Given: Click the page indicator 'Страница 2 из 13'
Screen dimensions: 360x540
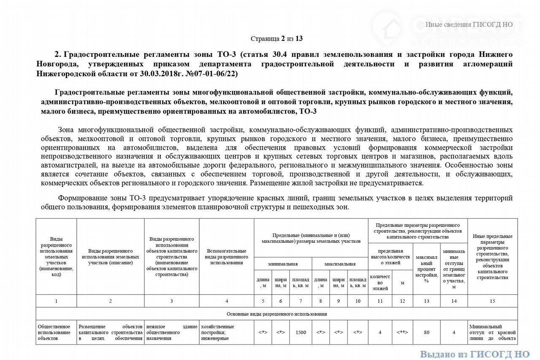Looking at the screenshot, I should (276, 39).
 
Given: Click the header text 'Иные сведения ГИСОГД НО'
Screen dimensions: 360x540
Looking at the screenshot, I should (469, 24).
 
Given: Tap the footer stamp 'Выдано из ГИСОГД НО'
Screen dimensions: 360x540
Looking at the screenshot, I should (475, 354).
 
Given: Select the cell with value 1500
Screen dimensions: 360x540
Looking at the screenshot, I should (300, 332).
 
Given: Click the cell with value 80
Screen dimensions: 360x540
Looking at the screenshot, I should (427, 332).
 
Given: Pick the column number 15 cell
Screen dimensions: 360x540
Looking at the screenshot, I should (492, 301).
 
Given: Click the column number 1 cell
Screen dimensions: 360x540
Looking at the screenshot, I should (56, 301).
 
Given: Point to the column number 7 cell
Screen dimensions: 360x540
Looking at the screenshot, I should (300, 301).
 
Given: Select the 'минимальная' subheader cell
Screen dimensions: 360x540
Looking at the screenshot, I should (283, 264).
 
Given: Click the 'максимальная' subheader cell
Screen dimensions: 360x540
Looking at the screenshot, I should (340, 264).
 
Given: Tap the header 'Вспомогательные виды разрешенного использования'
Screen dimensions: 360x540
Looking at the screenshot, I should (227, 257).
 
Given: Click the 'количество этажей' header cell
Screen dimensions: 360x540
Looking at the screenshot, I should (380, 282).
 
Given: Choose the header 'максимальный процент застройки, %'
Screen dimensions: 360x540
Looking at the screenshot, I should (427, 269).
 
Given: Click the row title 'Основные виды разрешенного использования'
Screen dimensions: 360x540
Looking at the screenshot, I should (276, 314).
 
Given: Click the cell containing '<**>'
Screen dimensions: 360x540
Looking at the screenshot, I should (402, 332).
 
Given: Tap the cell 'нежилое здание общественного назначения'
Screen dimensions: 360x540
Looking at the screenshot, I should (171, 332).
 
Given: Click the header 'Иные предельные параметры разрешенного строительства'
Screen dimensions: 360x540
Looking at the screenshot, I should (492, 257).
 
